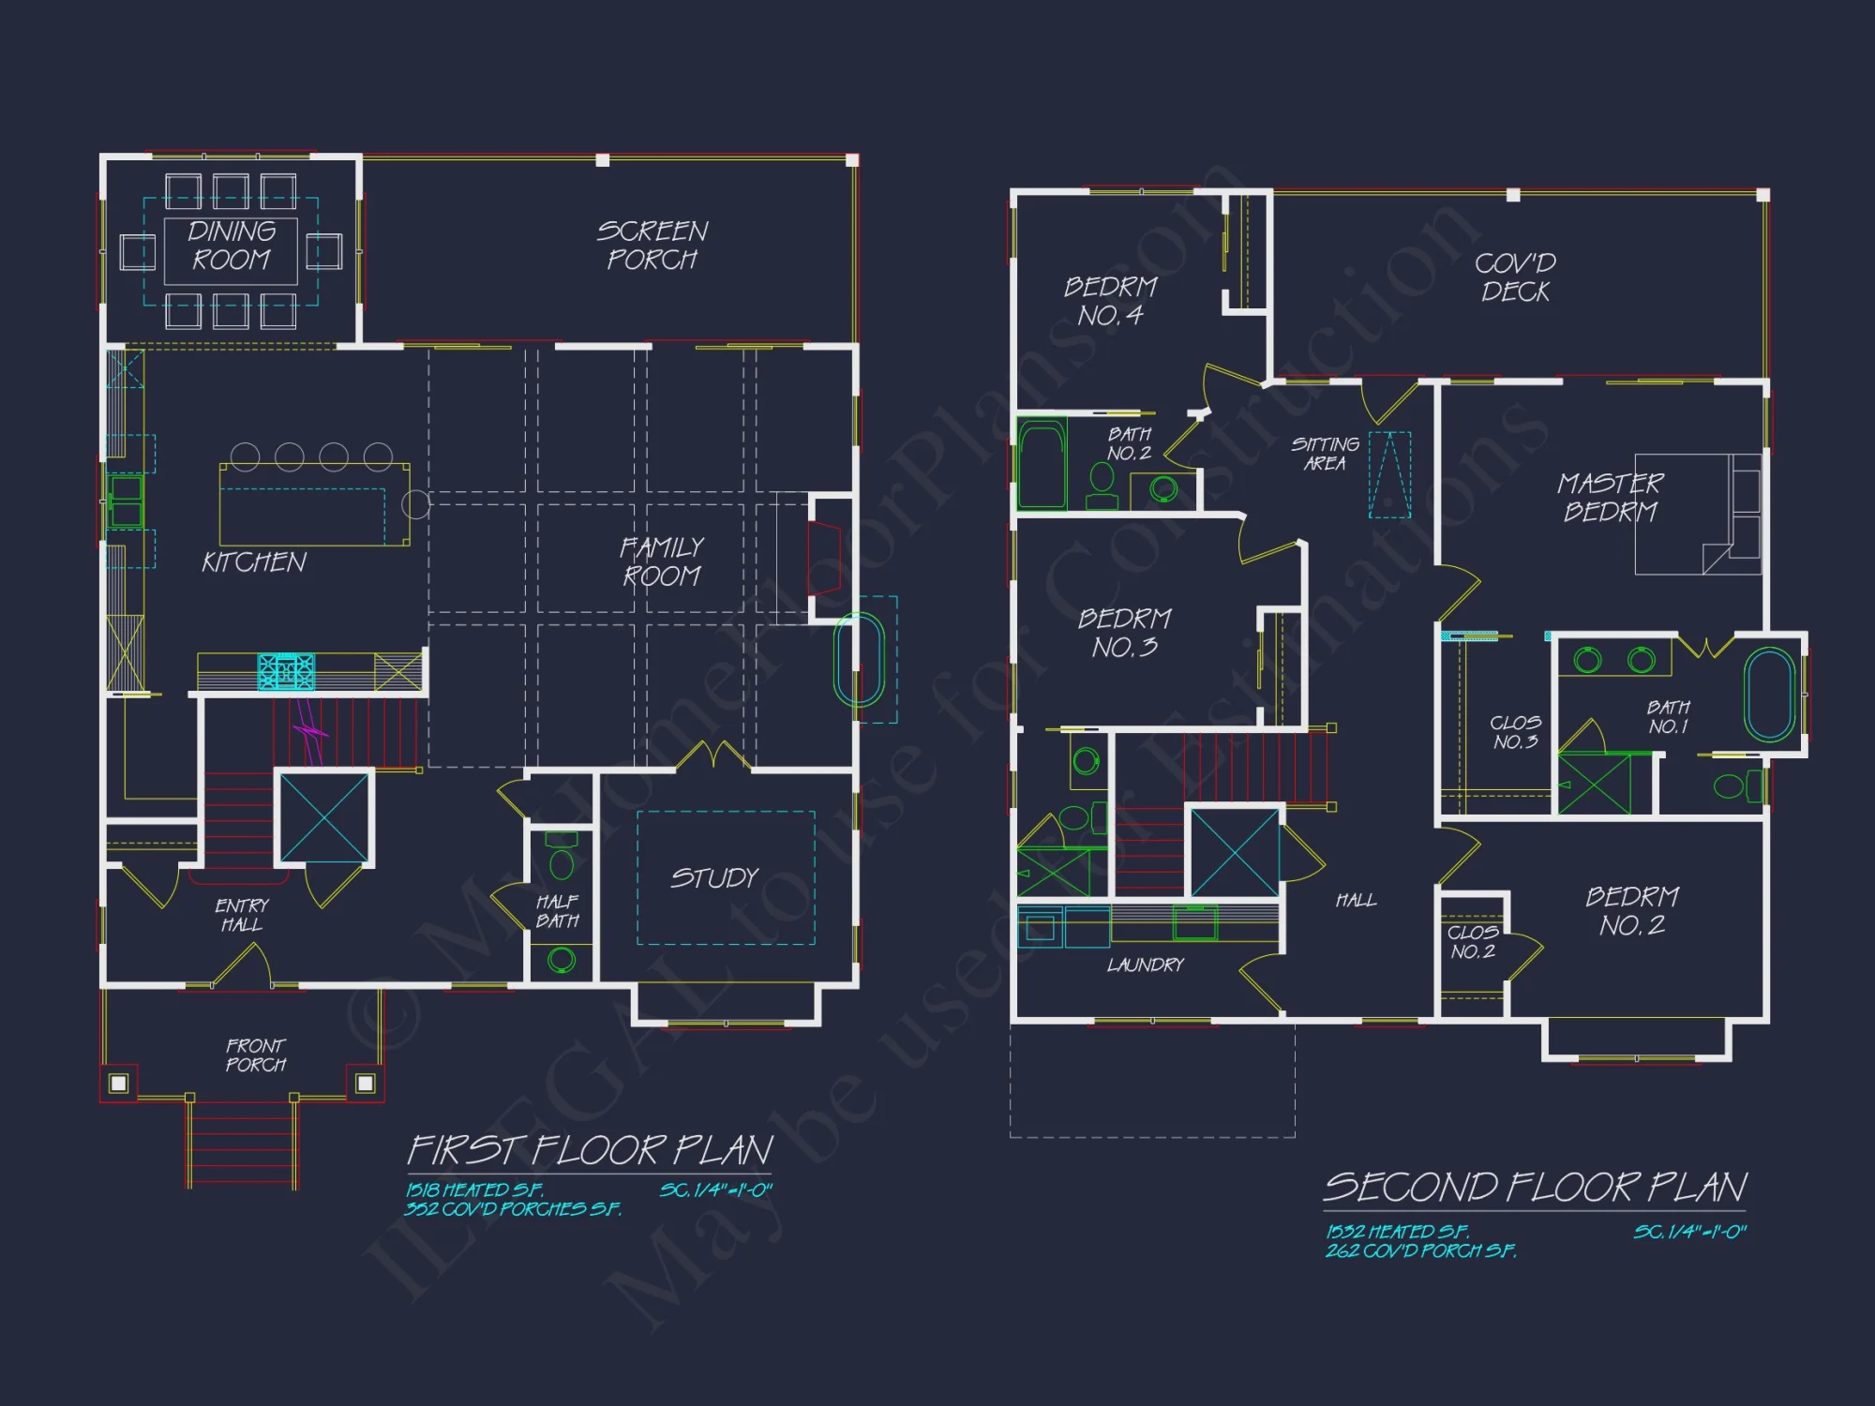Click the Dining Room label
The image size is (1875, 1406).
pyautogui.click(x=232, y=246)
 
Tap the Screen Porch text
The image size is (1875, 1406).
pyautogui.click(x=652, y=245)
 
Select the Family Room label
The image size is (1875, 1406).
pyautogui.click(x=662, y=561)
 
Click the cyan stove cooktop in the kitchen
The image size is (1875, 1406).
pyautogui.click(x=286, y=671)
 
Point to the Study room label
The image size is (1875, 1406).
pyautogui.click(x=714, y=878)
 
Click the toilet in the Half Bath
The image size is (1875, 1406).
pyautogui.click(x=562, y=861)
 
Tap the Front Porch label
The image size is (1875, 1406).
pyautogui.click(x=256, y=1054)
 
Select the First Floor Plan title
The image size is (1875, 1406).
pyautogui.click(x=591, y=1150)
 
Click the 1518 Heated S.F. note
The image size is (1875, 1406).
pyautogui.click(x=474, y=1189)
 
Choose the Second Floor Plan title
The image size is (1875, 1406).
pyautogui.click(x=1535, y=1187)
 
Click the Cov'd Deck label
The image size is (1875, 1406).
pyautogui.click(x=1515, y=277)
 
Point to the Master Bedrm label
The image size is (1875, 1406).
pyautogui.click(x=1610, y=498)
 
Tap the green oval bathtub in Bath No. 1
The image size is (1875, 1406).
pyautogui.click(x=1769, y=695)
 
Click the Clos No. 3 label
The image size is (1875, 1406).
pyautogui.click(x=1515, y=732)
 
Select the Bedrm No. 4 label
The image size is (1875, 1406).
pyautogui.click(x=1111, y=301)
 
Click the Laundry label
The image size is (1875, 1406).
pyautogui.click(x=1146, y=965)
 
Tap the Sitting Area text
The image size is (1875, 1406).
pyautogui.click(x=1325, y=454)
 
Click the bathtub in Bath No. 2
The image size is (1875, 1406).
pyautogui.click(x=1042, y=464)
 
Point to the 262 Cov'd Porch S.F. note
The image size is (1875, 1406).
pyautogui.click(x=1420, y=1250)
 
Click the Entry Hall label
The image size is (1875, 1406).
pyautogui.click(x=242, y=915)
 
